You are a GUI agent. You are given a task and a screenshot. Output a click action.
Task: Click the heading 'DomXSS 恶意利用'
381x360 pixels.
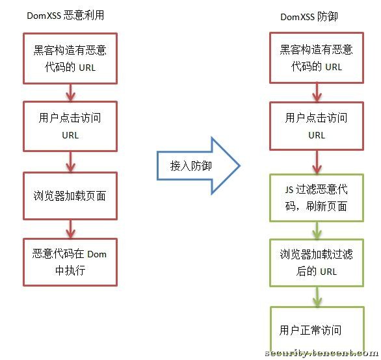pyautogui.click(x=65, y=16)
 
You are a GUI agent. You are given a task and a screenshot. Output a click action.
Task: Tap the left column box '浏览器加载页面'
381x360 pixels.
pyautogui.click(x=70, y=196)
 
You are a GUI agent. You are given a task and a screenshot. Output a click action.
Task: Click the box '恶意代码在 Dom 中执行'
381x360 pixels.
pyautogui.click(x=70, y=262)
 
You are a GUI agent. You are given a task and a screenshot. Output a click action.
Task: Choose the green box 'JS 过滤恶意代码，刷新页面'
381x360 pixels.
pyautogui.click(x=316, y=198)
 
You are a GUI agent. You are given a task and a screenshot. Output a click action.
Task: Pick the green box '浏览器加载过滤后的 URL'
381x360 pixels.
pyautogui.click(x=316, y=263)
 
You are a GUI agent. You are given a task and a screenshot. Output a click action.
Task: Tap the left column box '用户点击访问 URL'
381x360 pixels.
pyautogui.click(x=70, y=126)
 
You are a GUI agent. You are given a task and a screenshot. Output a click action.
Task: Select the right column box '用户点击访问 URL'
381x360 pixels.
pyautogui.click(x=317, y=126)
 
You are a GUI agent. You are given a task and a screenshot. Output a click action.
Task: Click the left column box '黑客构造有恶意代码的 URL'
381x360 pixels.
pyautogui.click(x=70, y=58)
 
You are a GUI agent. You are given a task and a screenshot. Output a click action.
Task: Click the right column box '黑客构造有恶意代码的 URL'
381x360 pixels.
pyautogui.click(x=317, y=58)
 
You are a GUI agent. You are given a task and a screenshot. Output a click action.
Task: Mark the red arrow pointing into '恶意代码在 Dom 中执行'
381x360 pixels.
pyautogui.click(x=70, y=228)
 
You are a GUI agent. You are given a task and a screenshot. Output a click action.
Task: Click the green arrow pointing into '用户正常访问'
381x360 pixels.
pyautogui.click(x=317, y=297)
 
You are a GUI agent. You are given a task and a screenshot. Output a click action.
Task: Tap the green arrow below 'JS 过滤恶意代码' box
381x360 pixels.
pyautogui.click(x=317, y=229)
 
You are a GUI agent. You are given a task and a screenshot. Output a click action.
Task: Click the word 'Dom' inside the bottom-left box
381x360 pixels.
pyautogui.click(x=96, y=254)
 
